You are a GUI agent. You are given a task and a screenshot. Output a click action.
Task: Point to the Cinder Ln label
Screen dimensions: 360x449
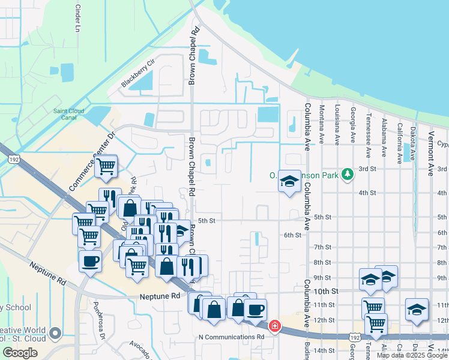click(77, 19)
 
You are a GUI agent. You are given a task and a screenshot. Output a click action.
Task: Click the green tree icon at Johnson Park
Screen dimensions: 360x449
click(346, 175)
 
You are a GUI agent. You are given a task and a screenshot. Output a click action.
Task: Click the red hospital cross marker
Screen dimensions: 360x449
click(274, 326)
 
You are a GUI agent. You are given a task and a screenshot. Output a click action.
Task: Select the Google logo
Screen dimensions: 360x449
click(20, 353)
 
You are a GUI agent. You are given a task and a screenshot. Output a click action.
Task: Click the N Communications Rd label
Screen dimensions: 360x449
click(231, 337)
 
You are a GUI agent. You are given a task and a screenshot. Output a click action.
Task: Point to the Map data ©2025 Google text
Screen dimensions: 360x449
click(412, 355)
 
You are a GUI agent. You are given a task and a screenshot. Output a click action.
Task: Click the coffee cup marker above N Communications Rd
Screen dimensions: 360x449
click(255, 309)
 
